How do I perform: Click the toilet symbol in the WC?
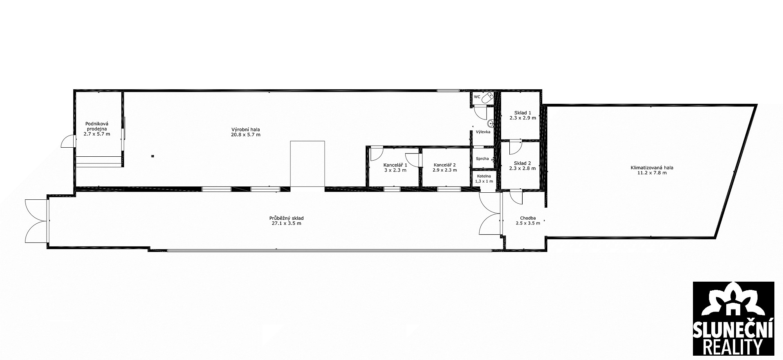[x=487, y=98]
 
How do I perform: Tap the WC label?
[x=477, y=97]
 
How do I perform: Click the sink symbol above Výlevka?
[x=490, y=123]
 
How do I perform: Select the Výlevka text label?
[x=483, y=132]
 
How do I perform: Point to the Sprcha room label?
[x=482, y=159]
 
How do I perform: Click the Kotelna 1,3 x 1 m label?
[x=484, y=179]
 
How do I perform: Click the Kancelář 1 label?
[x=395, y=165]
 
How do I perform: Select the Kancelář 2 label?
[x=444, y=165]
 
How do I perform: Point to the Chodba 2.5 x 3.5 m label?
[x=528, y=221]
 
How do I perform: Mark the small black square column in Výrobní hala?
[x=153, y=156]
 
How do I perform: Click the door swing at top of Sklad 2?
[x=515, y=147]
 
